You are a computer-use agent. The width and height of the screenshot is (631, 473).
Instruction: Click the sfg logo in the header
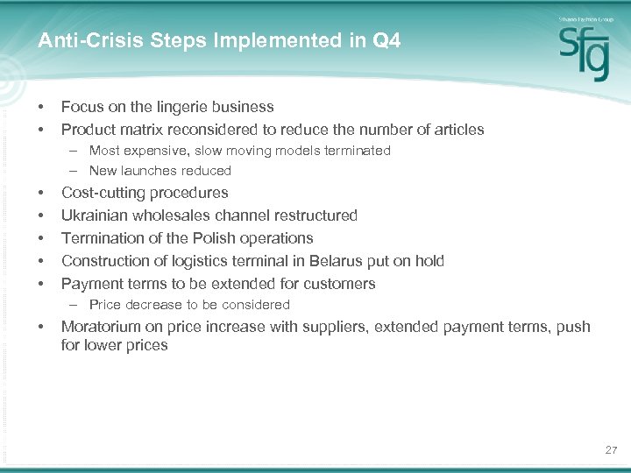(585, 54)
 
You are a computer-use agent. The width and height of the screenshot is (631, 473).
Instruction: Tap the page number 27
(611, 450)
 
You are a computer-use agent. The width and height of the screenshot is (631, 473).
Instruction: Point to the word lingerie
(160, 107)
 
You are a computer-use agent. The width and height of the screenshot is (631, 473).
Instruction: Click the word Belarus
(337, 261)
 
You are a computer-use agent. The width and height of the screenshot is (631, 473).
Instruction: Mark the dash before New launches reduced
(76, 171)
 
